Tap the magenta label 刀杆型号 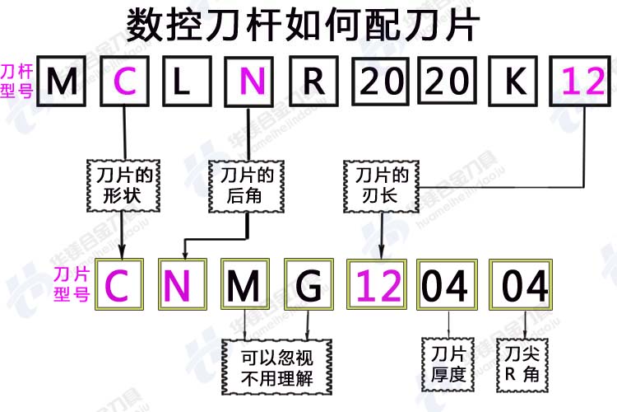point(16,80)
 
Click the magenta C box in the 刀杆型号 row point(124,81)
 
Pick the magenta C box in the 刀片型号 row point(119,285)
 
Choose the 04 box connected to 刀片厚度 point(446,285)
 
